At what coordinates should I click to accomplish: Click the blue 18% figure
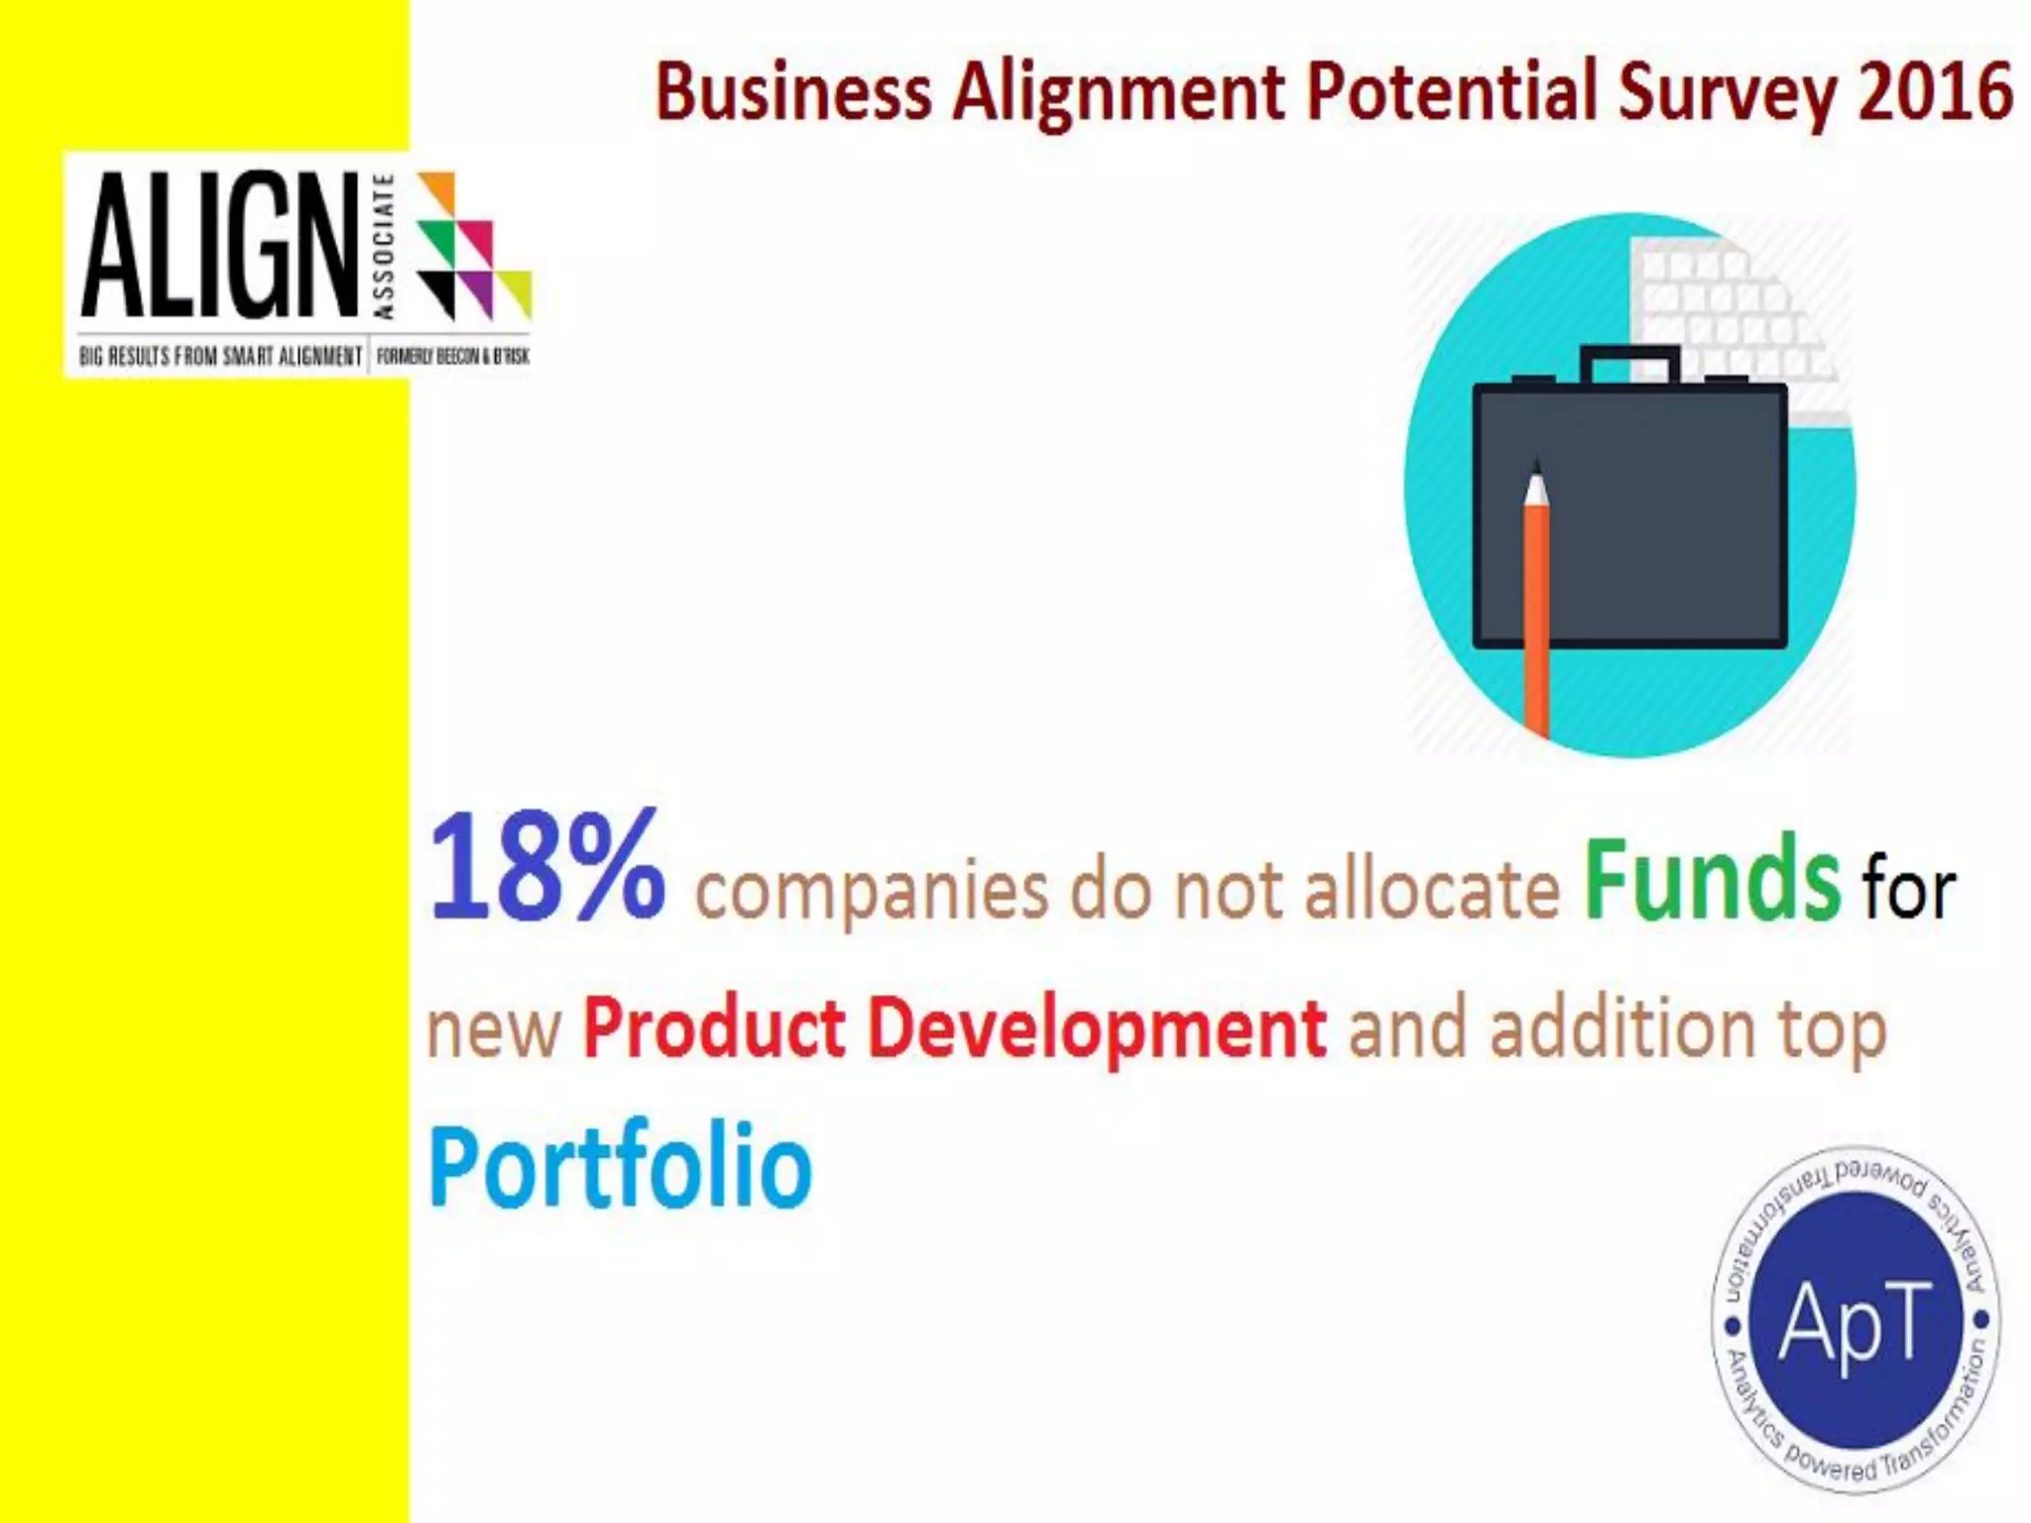coord(546,867)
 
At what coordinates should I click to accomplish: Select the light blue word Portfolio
coord(620,1166)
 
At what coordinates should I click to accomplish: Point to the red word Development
coord(1097,1031)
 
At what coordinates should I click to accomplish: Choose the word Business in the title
coord(793,91)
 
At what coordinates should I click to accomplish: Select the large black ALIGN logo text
coord(219,245)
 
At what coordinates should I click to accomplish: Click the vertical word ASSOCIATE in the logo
coord(385,247)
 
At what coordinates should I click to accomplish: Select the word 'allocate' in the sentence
coord(1432,889)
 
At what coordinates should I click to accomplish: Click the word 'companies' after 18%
coord(871,891)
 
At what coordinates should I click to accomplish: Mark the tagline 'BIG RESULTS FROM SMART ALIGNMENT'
coord(220,356)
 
